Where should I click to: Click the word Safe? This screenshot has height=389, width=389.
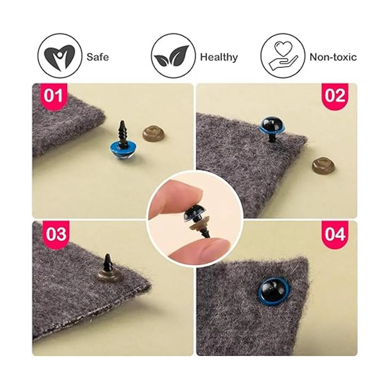pyautogui.click(x=98, y=57)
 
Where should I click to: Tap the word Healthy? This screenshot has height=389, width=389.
pyautogui.click(x=219, y=57)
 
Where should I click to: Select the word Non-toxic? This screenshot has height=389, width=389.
pyautogui.click(x=333, y=57)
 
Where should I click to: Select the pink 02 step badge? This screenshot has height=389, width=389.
pyautogui.click(x=335, y=96)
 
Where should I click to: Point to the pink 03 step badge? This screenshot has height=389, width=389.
pyautogui.click(x=56, y=234)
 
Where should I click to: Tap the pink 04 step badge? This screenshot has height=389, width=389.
pyautogui.click(x=335, y=234)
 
